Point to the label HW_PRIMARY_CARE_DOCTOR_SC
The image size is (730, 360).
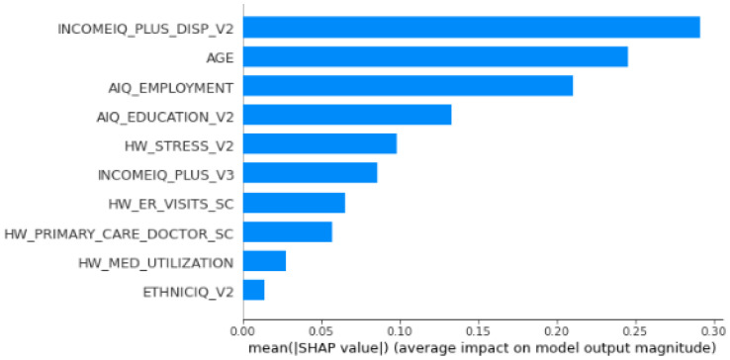pyautogui.click(x=119, y=233)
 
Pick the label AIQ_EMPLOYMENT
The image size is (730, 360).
pyautogui.click(x=169, y=87)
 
